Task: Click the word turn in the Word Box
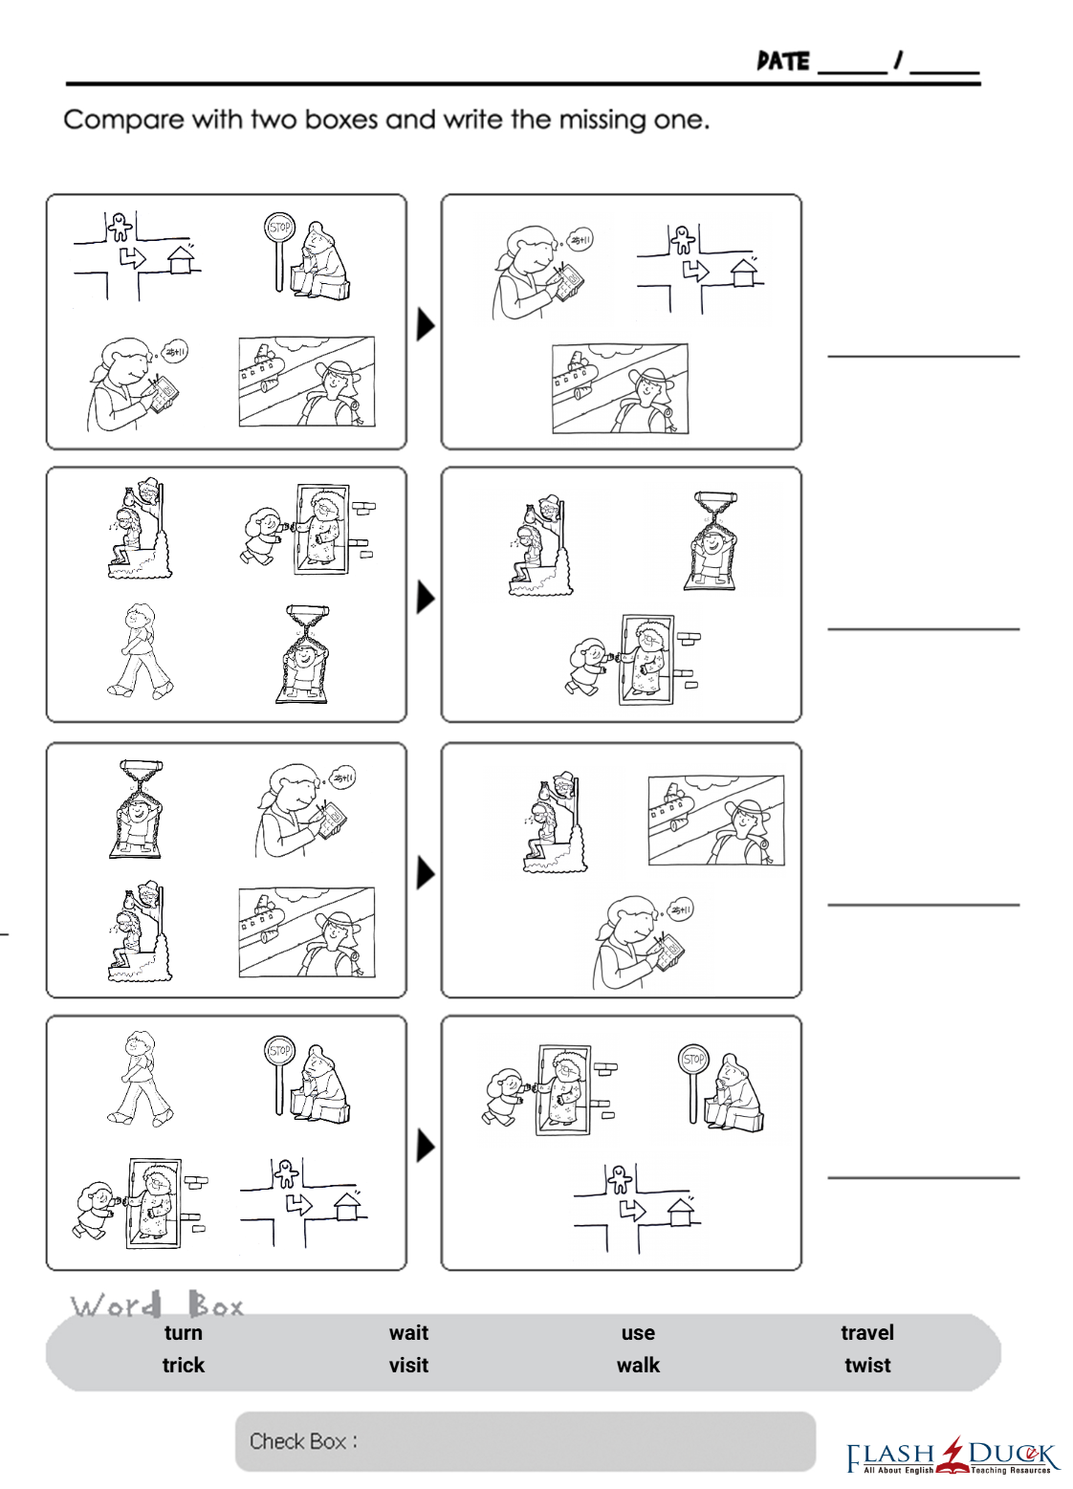[x=183, y=1332]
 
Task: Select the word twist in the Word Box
[x=866, y=1365]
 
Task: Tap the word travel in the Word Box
[x=866, y=1332]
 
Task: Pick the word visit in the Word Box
[x=408, y=1365]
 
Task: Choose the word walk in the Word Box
[x=638, y=1365]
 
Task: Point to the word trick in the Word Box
[x=183, y=1365]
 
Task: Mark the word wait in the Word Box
[x=408, y=1332]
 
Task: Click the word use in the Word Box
[x=638, y=1333]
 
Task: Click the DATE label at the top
[x=783, y=61]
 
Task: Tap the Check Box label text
[x=303, y=1441]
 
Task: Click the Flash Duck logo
[x=952, y=1457]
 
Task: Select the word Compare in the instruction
[x=123, y=120]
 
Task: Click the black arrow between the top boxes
[x=425, y=325]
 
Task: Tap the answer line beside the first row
[x=923, y=357]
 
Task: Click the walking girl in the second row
[x=141, y=650]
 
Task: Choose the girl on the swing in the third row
[x=136, y=809]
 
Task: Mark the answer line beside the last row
[x=923, y=1177]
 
